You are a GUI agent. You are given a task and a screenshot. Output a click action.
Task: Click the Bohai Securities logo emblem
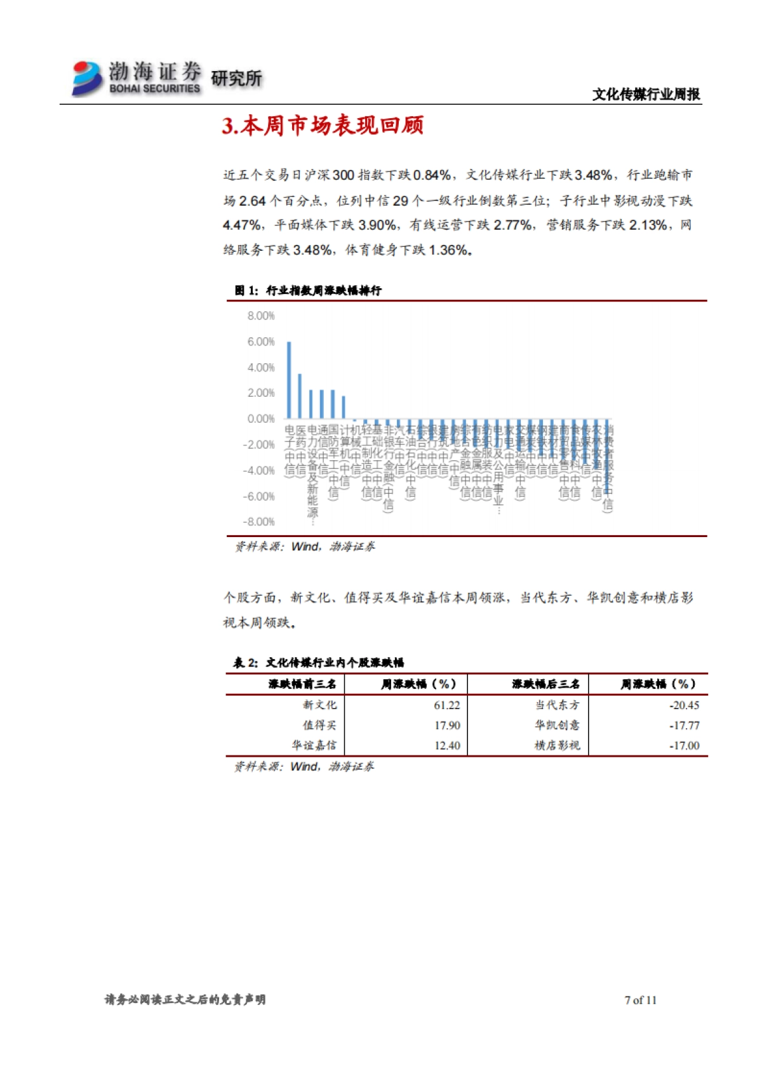(87, 78)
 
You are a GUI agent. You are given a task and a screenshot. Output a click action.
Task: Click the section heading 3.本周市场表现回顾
(323, 126)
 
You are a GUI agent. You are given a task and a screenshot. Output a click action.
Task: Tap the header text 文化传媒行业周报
(646, 95)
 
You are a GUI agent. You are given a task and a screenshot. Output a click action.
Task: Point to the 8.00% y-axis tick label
(261, 316)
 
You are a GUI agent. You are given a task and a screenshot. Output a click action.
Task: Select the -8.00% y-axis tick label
(259, 522)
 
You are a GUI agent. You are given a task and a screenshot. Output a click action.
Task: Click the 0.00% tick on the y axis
(261, 419)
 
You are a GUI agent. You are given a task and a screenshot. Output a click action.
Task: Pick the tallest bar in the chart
(289, 380)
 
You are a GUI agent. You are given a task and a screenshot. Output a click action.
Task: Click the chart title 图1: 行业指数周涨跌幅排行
(307, 291)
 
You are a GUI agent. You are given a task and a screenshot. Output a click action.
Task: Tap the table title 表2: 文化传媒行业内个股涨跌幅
(318, 663)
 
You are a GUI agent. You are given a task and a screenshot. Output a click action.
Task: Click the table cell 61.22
(447, 705)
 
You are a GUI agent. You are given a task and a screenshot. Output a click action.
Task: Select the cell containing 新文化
(319, 705)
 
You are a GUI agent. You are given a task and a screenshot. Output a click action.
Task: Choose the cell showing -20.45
(684, 705)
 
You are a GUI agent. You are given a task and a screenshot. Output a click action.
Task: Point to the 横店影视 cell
(557, 745)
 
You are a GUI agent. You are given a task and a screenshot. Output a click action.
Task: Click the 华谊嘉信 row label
(314, 745)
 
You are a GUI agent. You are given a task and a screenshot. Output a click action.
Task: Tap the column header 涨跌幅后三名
(545, 684)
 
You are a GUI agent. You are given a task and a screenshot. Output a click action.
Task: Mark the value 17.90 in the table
(447, 726)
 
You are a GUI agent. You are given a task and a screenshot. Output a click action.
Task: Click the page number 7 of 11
(640, 1000)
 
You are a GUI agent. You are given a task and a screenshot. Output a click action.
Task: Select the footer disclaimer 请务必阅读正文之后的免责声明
(185, 1000)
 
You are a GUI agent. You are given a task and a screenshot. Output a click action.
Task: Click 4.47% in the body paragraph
(241, 225)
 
